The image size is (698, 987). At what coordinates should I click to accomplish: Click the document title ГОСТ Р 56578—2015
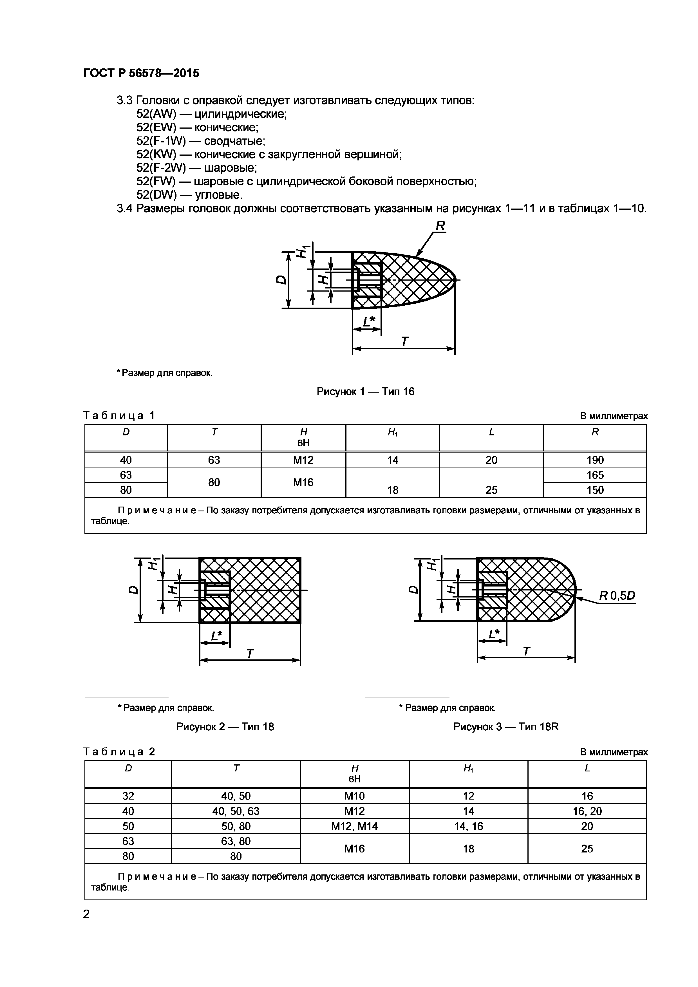(x=141, y=73)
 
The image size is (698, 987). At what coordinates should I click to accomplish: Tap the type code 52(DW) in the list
(x=156, y=195)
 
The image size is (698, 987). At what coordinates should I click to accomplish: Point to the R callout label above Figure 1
(x=440, y=226)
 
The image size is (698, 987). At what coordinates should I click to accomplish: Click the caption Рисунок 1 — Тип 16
(x=365, y=391)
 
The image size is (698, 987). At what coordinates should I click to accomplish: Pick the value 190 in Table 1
(x=595, y=460)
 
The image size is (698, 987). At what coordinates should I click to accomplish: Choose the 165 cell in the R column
(x=595, y=475)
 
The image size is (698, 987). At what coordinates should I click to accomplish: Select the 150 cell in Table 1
(x=595, y=490)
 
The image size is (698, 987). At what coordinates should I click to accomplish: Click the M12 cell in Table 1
(x=303, y=460)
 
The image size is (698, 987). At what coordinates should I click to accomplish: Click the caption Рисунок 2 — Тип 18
(x=225, y=727)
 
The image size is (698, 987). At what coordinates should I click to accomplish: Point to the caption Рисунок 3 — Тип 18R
(x=506, y=727)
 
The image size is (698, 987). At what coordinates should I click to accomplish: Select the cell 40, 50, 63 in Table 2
(x=236, y=811)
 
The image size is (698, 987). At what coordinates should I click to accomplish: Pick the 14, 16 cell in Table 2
(x=469, y=826)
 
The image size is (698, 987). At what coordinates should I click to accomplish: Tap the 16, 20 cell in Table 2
(x=587, y=811)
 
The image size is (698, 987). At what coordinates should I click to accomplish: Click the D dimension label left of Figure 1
(x=281, y=280)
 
